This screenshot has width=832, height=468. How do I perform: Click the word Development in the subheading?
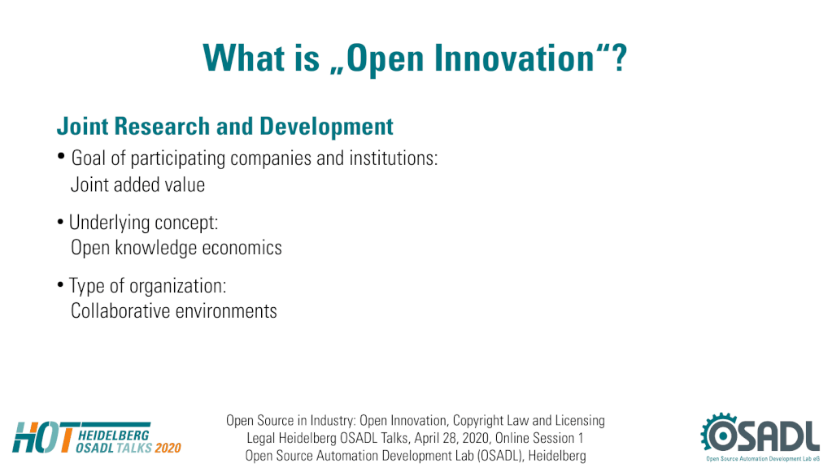click(326, 127)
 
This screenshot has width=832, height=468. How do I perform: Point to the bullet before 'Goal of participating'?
click(61, 156)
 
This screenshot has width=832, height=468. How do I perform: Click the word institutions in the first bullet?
click(393, 158)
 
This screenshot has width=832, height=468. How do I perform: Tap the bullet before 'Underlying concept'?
click(60, 222)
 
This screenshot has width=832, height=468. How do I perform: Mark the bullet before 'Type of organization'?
click(60, 285)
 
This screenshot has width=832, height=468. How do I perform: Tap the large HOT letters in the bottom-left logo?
click(43, 437)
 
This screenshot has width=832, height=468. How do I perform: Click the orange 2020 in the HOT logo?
click(168, 448)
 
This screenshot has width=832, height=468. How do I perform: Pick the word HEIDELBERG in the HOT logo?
click(114, 435)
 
